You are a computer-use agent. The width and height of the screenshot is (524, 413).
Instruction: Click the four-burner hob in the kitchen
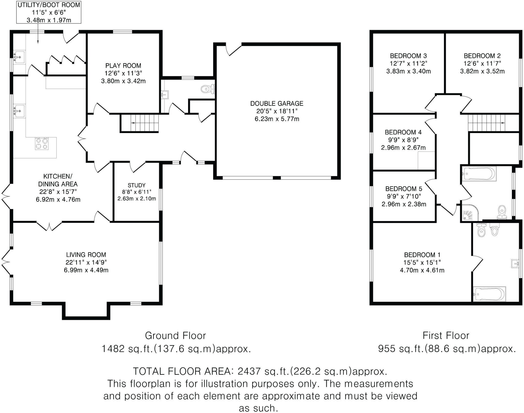pyautogui.click(x=42, y=143)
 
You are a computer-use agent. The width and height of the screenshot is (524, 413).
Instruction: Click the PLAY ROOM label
pyautogui.click(x=123, y=66)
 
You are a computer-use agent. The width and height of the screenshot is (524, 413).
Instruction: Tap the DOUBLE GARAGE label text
pyautogui.click(x=277, y=103)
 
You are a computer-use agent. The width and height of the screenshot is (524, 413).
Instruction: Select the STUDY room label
pyautogui.click(x=137, y=185)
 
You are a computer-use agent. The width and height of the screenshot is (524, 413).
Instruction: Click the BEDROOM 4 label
pyautogui.click(x=403, y=132)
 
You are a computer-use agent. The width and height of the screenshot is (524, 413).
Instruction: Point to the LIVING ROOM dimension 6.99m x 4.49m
pyautogui.click(x=86, y=270)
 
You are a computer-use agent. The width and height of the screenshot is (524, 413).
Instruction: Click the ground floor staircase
pyautogui.click(x=140, y=123)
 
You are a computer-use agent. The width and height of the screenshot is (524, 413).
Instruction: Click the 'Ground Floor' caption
pyautogui.click(x=175, y=335)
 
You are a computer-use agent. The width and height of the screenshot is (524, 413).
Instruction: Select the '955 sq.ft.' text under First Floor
pyautogui.click(x=401, y=349)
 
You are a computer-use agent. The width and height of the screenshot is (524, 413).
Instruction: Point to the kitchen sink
pyautogui.click(x=19, y=111)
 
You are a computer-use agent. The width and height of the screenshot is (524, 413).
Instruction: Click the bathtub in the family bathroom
pyautogui.click(x=479, y=174)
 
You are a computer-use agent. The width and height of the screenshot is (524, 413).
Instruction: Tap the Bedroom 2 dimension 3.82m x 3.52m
pyautogui.click(x=482, y=71)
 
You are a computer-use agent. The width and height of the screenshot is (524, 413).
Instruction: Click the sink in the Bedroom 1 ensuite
pyautogui.click(x=515, y=264)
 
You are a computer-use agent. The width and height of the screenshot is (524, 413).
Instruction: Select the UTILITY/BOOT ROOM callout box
pyautogui.click(x=49, y=12)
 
